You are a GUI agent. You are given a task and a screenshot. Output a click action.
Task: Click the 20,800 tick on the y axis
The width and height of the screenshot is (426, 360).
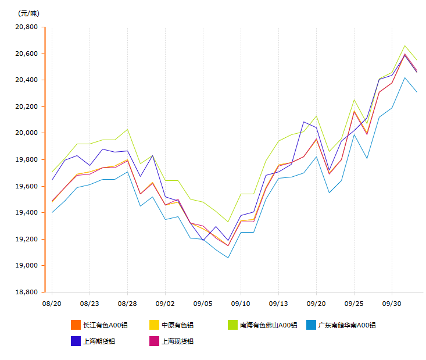[x=27, y=27]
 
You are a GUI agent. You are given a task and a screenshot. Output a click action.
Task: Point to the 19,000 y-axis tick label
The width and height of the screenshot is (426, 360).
[x=27, y=266]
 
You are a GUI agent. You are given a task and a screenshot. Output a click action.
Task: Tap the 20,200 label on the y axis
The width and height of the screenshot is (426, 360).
[x=27, y=107]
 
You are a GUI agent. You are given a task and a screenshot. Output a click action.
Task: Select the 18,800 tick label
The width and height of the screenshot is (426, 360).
[x=27, y=292]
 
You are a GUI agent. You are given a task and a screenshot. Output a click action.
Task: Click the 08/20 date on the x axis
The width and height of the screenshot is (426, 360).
[x=52, y=304]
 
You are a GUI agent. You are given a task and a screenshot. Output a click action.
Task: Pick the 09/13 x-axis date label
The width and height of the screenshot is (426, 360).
[x=278, y=304]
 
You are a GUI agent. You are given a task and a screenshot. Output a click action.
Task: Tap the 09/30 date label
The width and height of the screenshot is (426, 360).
[x=392, y=304]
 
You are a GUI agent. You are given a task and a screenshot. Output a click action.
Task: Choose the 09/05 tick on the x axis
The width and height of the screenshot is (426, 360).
[x=203, y=304]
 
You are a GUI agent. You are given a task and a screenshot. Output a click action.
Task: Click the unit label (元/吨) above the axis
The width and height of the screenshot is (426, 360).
[x=29, y=13]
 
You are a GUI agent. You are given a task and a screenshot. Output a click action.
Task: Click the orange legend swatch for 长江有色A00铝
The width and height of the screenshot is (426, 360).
[x=76, y=325]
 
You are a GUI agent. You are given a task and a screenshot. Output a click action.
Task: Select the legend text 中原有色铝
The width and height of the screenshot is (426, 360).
[x=177, y=325]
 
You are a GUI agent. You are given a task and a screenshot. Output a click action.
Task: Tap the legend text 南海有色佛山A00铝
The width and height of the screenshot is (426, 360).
[x=269, y=325]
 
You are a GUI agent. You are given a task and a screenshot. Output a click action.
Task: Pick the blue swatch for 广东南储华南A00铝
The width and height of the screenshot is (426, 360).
[x=311, y=325]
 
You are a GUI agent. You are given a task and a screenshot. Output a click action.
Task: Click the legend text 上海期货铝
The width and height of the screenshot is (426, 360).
[x=99, y=341]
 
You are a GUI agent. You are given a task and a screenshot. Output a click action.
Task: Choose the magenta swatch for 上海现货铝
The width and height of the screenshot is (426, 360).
[x=154, y=341]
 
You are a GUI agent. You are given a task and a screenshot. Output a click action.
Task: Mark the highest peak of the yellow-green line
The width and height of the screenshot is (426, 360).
[x=404, y=45]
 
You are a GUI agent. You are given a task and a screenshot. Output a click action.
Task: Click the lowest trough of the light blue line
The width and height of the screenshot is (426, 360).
[x=228, y=258]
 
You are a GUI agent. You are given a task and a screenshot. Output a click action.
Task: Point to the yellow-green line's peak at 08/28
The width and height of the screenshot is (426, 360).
[x=127, y=129]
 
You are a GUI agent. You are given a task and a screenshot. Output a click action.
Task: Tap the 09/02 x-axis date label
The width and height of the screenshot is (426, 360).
[x=165, y=304]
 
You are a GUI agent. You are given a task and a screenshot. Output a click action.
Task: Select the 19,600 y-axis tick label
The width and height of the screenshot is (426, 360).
[x=27, y=186]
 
